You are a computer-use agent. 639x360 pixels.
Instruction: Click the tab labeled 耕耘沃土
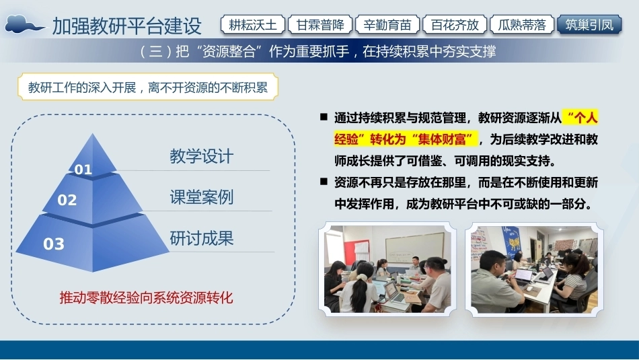[x=253, y=25]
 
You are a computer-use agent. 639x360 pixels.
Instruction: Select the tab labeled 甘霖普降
[x=320, y=25]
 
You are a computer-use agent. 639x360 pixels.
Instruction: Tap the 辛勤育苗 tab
[x=387, y=25]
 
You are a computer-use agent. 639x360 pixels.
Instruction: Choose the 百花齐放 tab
[x=455, y=25]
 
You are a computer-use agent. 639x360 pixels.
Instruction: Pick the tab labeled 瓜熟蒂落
[x=522, y=25]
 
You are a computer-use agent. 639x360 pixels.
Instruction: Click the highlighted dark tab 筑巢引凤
[x=589, y=25]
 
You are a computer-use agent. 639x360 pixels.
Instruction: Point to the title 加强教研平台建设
[x=126, y=26]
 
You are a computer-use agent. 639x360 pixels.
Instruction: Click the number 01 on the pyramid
[x=83, y=169]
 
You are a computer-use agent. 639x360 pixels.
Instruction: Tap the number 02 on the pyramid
[x=67, y=200]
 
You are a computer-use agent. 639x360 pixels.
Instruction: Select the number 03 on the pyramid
[x=54, y=244]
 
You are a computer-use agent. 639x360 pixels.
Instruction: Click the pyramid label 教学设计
[x=201, y=156]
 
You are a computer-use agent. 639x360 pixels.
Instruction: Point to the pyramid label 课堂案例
[x=201, y=197]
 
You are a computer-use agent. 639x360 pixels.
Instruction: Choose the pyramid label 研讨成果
[x=201, y=238]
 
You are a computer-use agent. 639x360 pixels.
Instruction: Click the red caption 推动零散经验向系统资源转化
[x=146, y=297]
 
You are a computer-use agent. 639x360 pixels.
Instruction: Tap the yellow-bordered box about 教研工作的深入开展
[x=147, y=87]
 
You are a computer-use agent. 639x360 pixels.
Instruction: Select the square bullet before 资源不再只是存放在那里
[x=324, y=182]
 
